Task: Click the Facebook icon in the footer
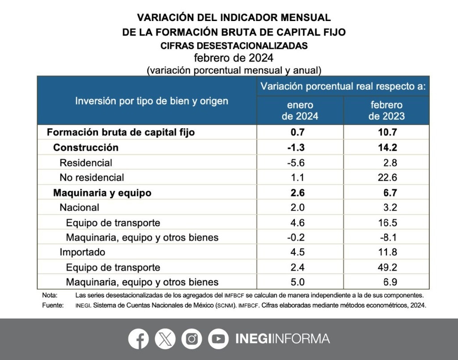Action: pyautogui.click(x=139, y=339)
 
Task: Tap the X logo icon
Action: pyautogui.click(x=165, y=339)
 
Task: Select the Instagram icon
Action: pyautogui.click(x=192, y=339)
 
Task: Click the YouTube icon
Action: pyautogui.click(x=218, y=339)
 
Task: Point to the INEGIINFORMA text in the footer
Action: pyautogui.click(x=283, y=339)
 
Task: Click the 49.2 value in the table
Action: pyautogui.click(x=386, y=267)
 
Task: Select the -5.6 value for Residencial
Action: pyautogui.click(x=295, y=163)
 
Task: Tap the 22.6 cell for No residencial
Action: pyautogui.click(x=386, y=178)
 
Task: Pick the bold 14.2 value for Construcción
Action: pyautogui.click(x=386, y=148)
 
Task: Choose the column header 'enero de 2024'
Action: pyautogui.click(x=300, y=110)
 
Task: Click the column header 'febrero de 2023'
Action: pyautogui.click(x=386, y=110)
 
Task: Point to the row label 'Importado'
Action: pyautogui.click(x=82, y=252)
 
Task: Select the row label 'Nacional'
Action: pyautogui.click(x=80, y=208)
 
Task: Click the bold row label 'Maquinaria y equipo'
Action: pyautogui.click(x=102, y=193)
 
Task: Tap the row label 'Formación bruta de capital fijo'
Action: pyautogui.click(x=121, y=132)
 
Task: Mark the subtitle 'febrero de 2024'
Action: pyautogui.click(x=233, y=58)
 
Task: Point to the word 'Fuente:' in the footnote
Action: pyautogui.click(x=51, y=306)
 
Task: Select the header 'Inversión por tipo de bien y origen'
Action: pyautogui.click(x=151, y=101)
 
